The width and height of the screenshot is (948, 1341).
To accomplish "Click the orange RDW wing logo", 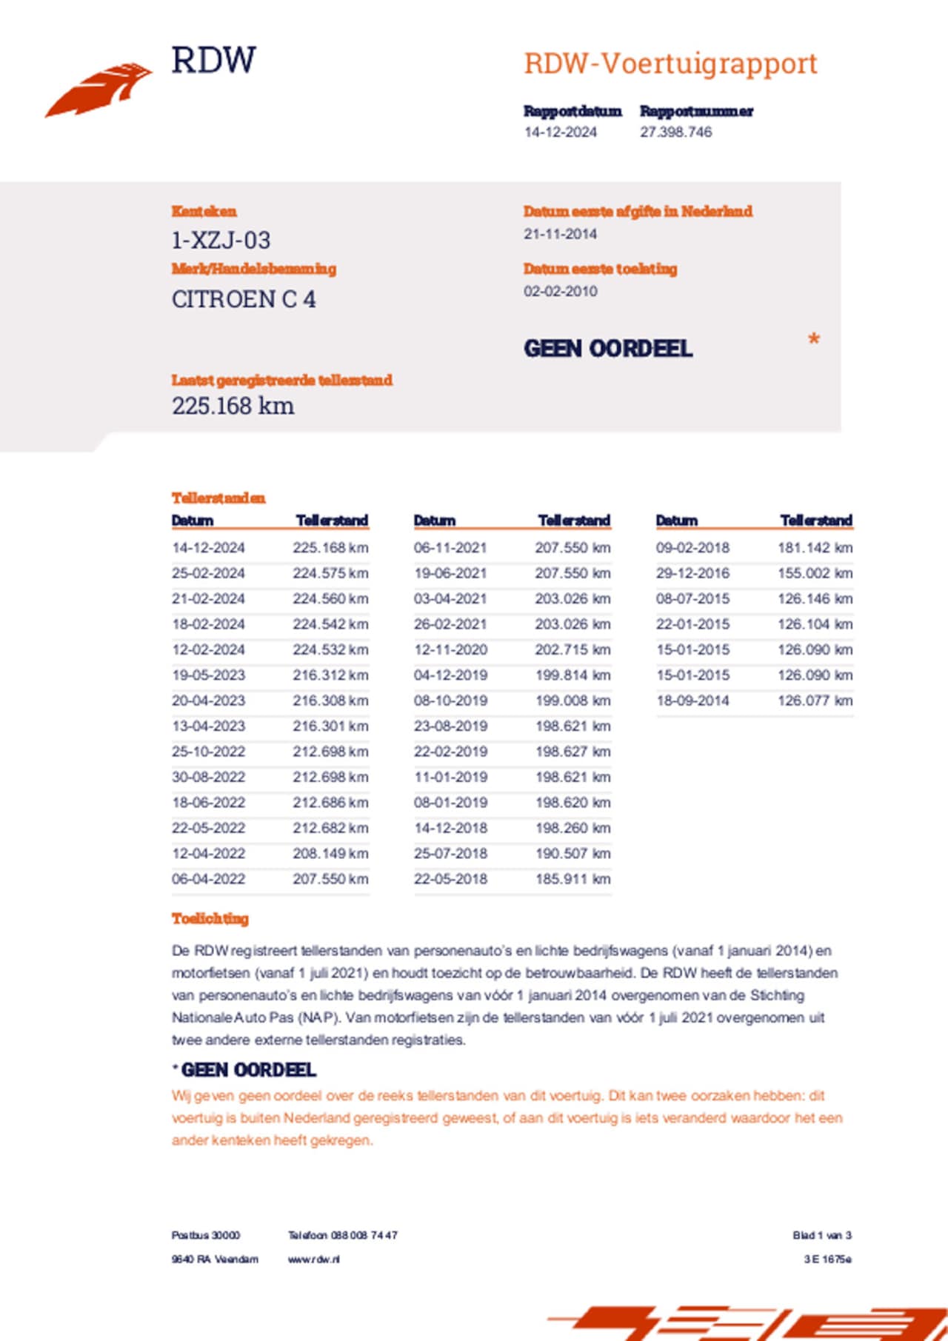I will tap(99, 90).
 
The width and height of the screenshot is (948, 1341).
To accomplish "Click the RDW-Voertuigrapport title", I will tap(670, 64).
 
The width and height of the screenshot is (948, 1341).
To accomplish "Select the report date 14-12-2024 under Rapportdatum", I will tap(560, 133).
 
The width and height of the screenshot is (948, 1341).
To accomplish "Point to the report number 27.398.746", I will tap(675, 133).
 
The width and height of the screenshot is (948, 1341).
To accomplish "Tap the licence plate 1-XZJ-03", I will tap(221, 241).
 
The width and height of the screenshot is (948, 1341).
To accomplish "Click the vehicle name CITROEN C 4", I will tap(244, 299).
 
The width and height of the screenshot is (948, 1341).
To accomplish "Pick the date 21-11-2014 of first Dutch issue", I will tap(560, 234).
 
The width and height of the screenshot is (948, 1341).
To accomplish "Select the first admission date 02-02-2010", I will tap(560, 292).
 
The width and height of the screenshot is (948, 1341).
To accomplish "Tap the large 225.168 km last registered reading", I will tap(233, 406).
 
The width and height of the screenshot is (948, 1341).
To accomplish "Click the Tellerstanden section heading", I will tap(218, 498).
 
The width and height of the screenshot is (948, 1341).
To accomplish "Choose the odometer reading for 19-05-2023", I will tap(330, 675).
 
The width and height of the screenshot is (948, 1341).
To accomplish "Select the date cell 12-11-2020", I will tap(450, 650).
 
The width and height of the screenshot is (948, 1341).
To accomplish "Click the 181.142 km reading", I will tap(815, 548).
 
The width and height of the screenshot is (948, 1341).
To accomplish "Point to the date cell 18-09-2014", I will tap(692, 700).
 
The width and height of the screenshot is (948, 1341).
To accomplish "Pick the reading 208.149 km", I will tap(330, 854).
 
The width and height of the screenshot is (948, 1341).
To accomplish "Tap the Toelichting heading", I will tap(210, 919).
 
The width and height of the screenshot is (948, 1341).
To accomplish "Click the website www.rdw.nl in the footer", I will tap(314, 1259).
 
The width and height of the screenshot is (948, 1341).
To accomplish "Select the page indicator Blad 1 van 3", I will tap(822, 1235).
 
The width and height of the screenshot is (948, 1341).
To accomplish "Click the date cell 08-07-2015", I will tap(692, 599).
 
